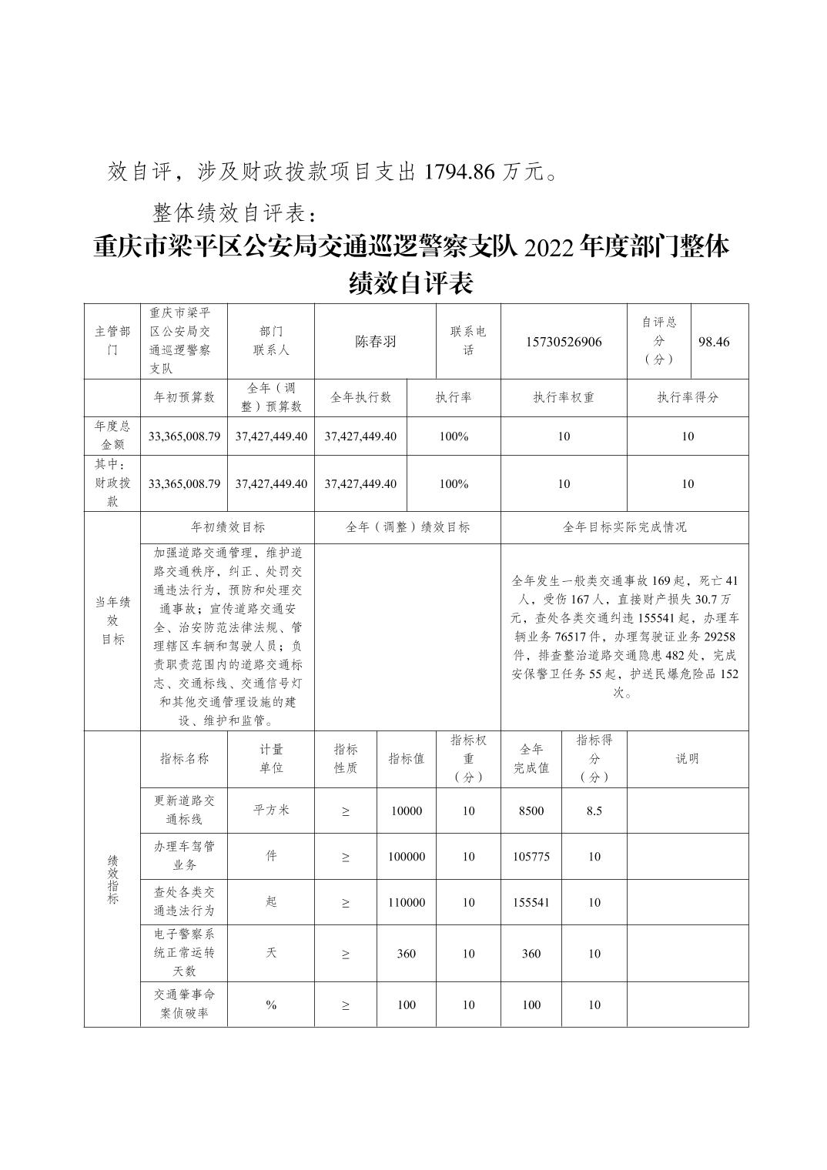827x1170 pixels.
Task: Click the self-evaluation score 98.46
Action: pyautogui.click(x=713, y=342)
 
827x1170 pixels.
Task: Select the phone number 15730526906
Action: pyautogui.click(x=564, y=342)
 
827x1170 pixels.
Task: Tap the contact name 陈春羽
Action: pyautogui.click(x=375, y=342)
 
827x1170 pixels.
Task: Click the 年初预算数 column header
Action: pyautogui.click(x=184, y=397)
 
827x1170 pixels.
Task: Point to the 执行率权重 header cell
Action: pyautogui.click(x=564, y=397)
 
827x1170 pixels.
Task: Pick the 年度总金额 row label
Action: pyautogui.click(x=112, y=435)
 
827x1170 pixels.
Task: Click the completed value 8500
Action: pyautogui.click(x=531, y=811)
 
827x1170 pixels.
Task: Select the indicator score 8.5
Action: pyautogui.click(x=594, y=811)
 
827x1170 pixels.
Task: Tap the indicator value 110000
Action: pyautogui.click(x=406, y=902)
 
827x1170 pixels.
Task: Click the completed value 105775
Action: pyautogui.click(x=531, y=856)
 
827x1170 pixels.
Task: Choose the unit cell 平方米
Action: pyautogui.click(x=271, y=810)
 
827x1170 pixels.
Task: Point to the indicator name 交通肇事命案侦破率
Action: pyautogui.click(x=184, y=1004)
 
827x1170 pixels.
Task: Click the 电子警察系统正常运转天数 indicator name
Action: pyautogui.click(x=184, y=953)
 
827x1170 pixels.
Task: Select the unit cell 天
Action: pyautogui.click(x=271, y=953)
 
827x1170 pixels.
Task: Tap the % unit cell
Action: pyautogui.click(x=271, y=1005)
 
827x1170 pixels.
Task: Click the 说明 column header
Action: pyautogui.click(x=687, y=758)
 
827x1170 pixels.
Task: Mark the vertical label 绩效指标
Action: pyautogui.click(x=112, y=877)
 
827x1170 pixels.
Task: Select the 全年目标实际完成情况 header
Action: pyautogui.click(x=624, y=527)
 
